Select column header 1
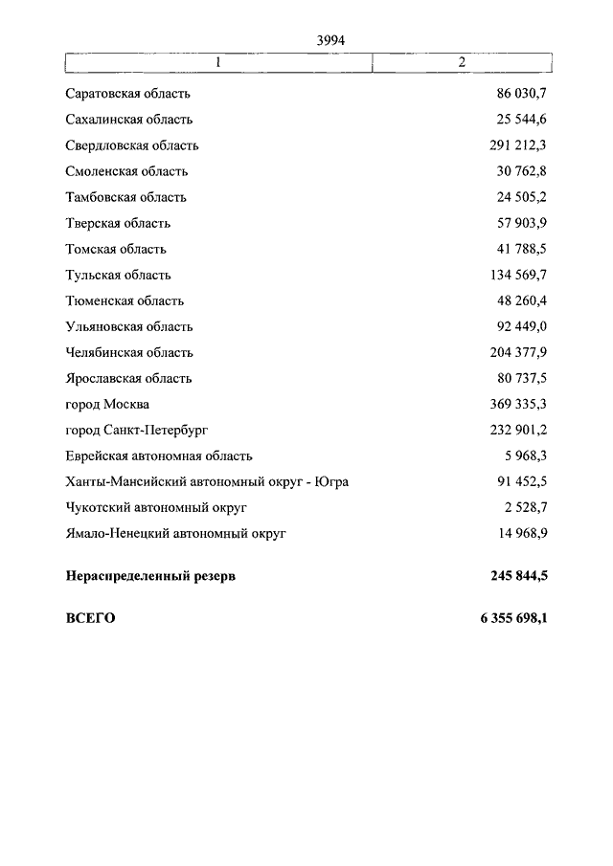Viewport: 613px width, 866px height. (x=218, y=62)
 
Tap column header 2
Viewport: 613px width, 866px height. (x=462, y=62)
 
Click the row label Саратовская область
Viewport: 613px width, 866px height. (x=128, y=94)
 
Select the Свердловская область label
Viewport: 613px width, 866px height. (x=132, y=145)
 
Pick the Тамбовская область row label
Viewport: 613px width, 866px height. (x=126, y=197)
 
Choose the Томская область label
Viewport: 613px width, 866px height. (x=116, y=249)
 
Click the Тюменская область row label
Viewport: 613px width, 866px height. (x=125, y=300)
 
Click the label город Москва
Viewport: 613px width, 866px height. (x=107, y=404)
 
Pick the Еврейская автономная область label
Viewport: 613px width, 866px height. (x=159, y=455)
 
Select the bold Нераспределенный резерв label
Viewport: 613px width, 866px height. (x=150, y=576)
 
